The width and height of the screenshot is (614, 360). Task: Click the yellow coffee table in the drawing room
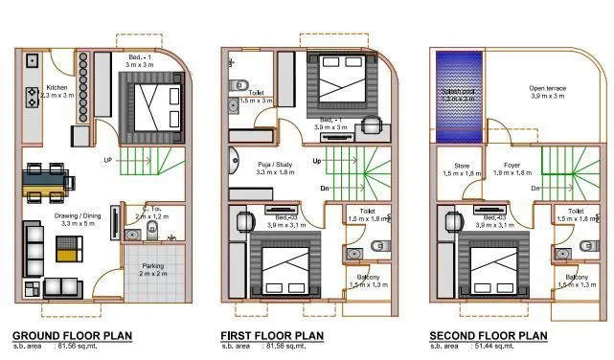(66, 255)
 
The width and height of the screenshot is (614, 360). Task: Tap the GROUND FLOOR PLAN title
(72, 336)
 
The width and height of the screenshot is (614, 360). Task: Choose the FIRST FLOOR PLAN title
(273, 336)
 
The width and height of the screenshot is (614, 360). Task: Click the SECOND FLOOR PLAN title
(487, 336)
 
